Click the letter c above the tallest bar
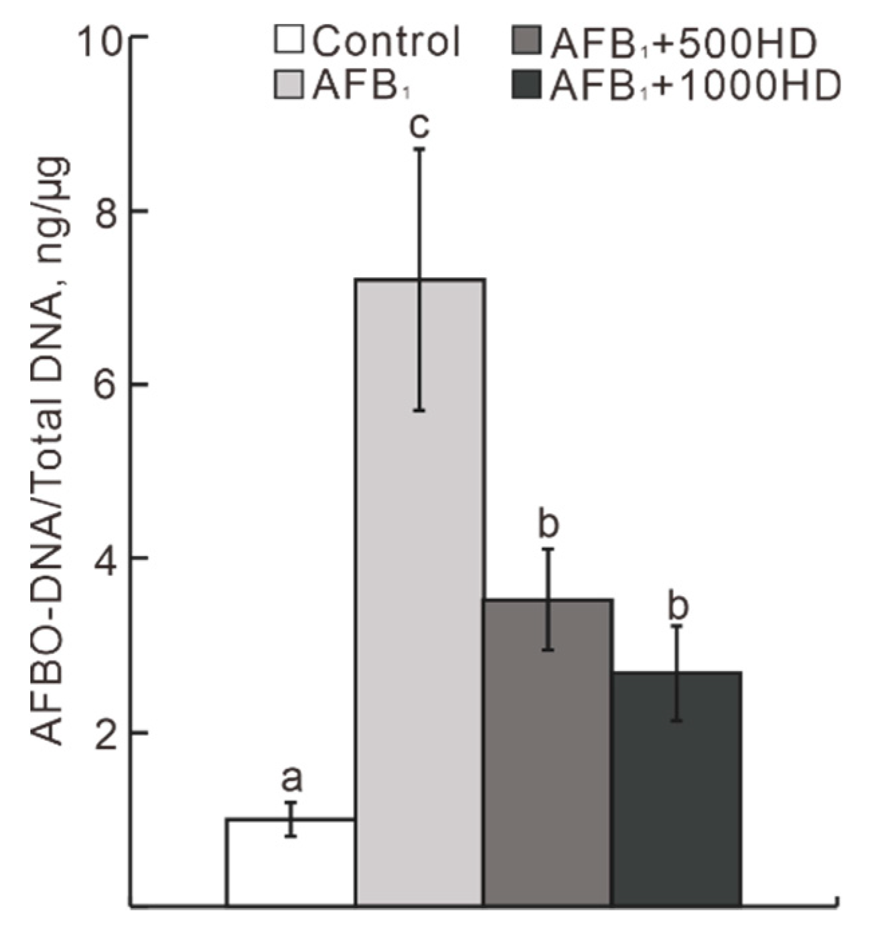(x=420, y=125)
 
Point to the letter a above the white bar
(x=291, y=779)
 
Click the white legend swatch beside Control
(x=290, y=40)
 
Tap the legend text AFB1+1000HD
(x=694, y=87)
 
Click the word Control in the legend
(x=386, y=42)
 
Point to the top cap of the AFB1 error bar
(x=420, y=149)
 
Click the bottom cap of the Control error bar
(x=291, y=836)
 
